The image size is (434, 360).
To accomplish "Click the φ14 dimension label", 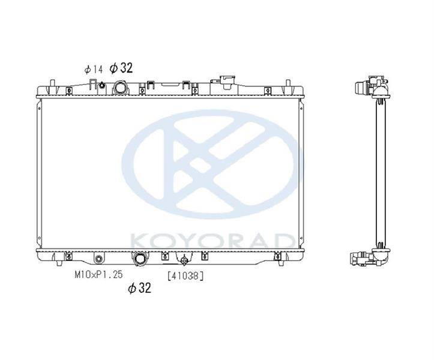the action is point(93,70).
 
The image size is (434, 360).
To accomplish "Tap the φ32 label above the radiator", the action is point(121,68).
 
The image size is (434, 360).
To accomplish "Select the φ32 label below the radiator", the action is point(139,288).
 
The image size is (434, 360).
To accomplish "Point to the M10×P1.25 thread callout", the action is point(98,274).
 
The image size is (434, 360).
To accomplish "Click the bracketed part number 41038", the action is point(185,275).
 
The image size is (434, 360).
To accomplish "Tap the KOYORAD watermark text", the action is point(212,241).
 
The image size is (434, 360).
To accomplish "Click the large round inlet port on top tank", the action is point(120,88).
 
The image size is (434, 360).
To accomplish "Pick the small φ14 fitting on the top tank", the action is point(101,85).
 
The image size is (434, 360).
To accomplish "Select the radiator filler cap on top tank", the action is point(227,82).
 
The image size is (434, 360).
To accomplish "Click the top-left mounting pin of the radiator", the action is point(52,83).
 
